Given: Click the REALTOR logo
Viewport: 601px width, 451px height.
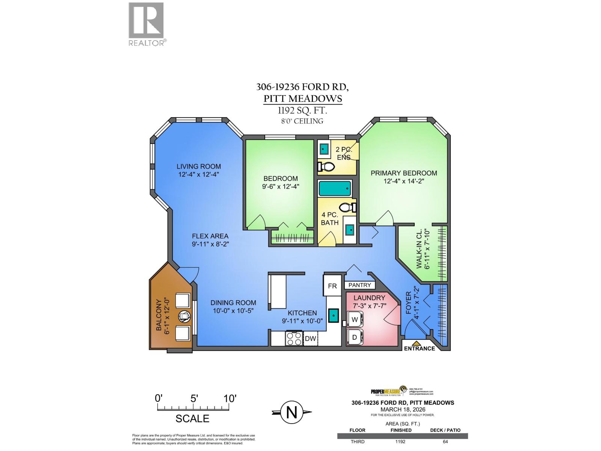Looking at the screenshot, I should coord(146,23).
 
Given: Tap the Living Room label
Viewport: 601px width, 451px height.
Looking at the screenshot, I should coord(199,166).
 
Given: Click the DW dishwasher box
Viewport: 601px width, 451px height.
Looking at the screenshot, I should coord(310,339).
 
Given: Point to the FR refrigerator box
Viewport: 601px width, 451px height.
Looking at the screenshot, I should coord(332,286).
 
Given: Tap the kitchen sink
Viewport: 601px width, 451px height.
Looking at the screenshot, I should coord(333,316).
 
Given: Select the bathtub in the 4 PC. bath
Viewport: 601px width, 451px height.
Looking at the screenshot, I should coord(335,188).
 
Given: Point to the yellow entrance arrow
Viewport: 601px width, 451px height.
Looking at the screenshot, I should coord(416,343).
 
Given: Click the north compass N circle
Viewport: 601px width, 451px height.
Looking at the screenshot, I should coord(292,412).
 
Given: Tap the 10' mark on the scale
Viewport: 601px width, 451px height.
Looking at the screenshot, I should coord(230,398).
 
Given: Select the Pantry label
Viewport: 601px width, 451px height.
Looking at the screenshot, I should coord(359,285).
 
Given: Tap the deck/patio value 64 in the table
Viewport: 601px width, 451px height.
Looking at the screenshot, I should coord(445,442).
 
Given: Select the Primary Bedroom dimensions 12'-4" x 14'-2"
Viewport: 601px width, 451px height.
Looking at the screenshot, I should coord(403,181).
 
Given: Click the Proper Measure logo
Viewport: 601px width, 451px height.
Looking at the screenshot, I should coord(388,391).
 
